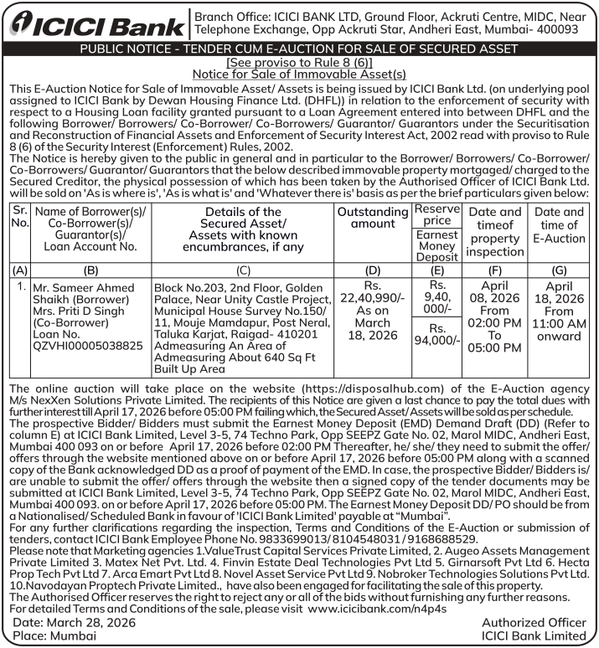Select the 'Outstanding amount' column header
[x=373, y=219]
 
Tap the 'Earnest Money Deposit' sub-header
[x=437, y=246]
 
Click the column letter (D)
[x=373, y=270]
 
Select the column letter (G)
[x=560, y=270]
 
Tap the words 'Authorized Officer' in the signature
[x=534, y=622]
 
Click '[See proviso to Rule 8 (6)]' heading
[x=299, y=63]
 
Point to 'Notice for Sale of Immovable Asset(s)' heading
[x=299, y=74]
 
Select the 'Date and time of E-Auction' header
[x=560, y=225]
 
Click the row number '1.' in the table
[x=20, y=287]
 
